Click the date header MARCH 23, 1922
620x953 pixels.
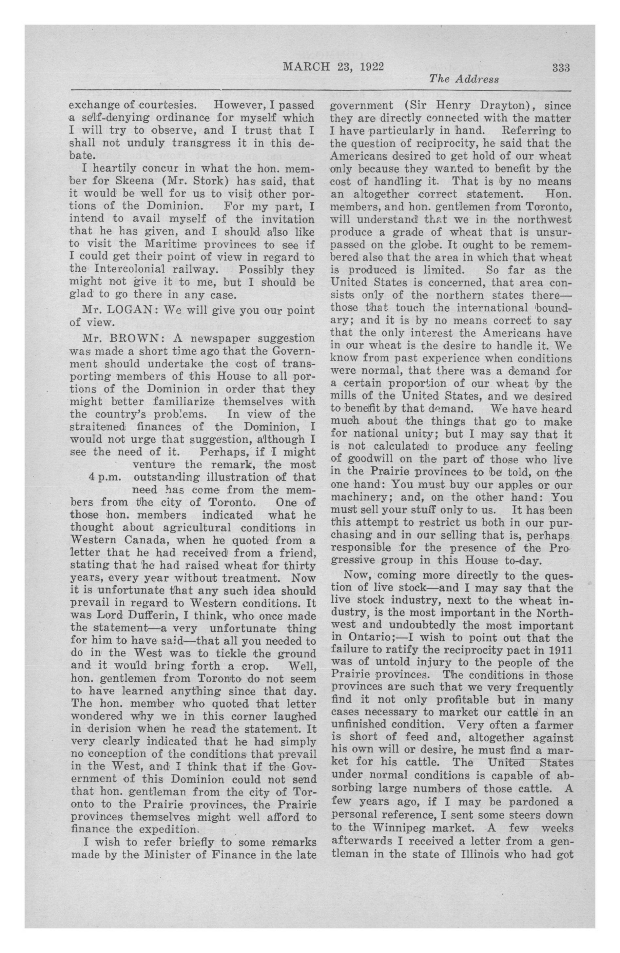(x=333, y=67)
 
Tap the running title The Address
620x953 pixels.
(x=464, y=79)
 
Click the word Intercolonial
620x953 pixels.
(x=130, y=269)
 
